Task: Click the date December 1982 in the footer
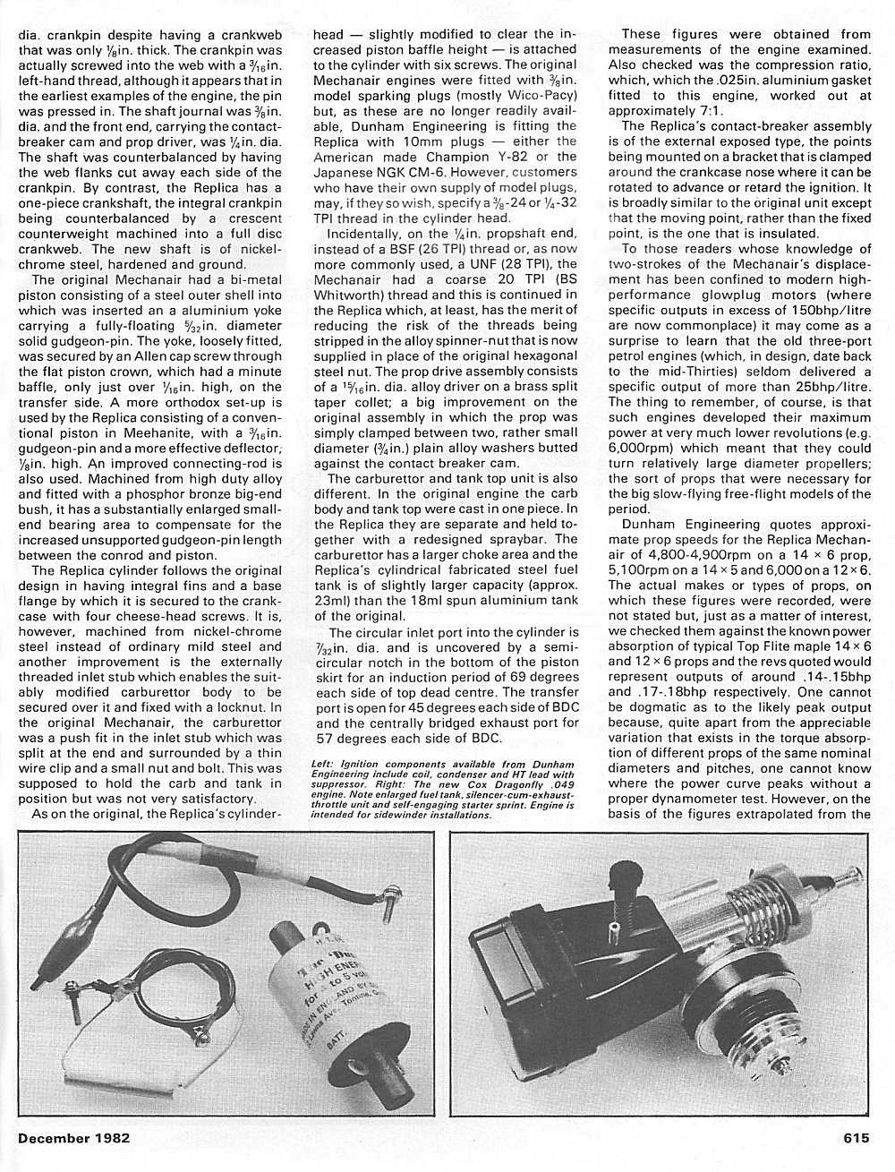73,1139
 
